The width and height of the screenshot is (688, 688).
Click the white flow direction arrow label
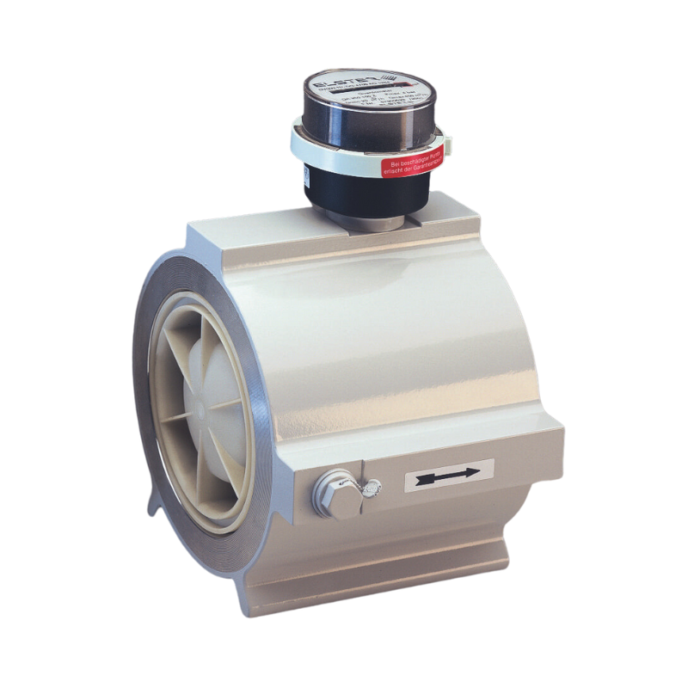click(449, 474)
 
